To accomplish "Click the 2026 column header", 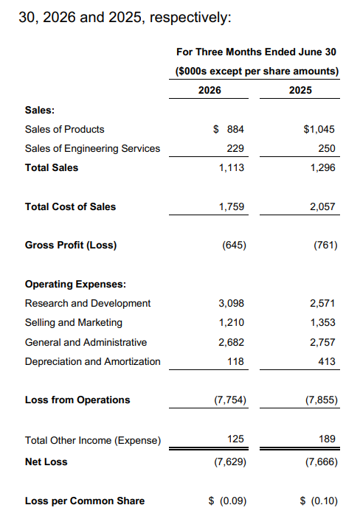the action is click(x=210, y=90).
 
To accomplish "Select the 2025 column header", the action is click(x=300, y=90).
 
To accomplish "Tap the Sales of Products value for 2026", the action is click(x=229, y=129).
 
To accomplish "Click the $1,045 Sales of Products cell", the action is click(x=319, y=129).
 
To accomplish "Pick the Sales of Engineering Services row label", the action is click(x=92, y=148).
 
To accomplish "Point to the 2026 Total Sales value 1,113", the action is click(x=231, y=168).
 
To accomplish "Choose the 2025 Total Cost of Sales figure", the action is click(x=322, y=207).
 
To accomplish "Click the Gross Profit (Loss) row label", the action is click(x=71, y=245).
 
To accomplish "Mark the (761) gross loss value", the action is click(x=325, y=245).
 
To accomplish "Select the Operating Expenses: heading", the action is click(x=75, y=285).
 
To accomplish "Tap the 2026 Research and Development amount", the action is click(x=231, y=303).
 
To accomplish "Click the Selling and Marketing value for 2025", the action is click(x=322, y=322).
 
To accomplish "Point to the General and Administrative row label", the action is click(x=86, y=342).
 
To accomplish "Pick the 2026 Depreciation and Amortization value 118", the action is click(x=235, y=361).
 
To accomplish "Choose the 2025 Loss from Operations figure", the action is click(x=321, y=400).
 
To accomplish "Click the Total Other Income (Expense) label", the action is click(x=93, y=441).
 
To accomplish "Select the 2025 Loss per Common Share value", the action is click(x=319, y=501).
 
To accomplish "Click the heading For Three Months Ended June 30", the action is click(x=256, y=52).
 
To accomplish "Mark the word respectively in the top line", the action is click(x=190, y=17).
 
